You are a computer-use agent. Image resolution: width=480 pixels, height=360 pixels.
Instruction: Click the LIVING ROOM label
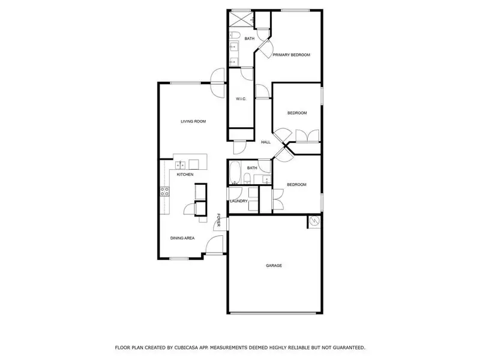(x=193, y=121)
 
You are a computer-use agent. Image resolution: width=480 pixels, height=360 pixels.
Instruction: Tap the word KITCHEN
(x=185, y=175)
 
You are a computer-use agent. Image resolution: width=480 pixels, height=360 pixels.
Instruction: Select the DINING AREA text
(x=182, y=238)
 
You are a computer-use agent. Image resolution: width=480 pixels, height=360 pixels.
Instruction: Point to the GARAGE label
(x=274, y=265)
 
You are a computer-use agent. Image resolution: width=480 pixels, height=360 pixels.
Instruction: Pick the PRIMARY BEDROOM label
(x=292, y=55)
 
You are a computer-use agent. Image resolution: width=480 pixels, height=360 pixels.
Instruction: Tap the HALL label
(x=266, y=142)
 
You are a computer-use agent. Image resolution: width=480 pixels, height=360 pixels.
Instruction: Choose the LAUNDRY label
(x=239, y=201)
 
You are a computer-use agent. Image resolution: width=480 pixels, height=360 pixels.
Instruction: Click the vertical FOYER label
(x=219, y=221)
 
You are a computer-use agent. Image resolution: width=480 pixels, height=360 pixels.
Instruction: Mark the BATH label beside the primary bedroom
(x=249, y=39)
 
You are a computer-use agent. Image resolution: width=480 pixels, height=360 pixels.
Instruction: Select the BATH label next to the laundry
(x=252, y=168)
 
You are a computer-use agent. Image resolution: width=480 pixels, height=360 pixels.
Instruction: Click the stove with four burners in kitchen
(x=164, y=193)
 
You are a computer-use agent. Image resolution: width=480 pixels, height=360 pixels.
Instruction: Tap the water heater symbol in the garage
(x=313, y=222)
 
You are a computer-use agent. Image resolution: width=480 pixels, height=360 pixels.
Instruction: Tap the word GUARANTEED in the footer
(x=346, y=347)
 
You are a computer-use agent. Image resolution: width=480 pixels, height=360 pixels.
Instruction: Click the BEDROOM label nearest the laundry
(x=296, y=185)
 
